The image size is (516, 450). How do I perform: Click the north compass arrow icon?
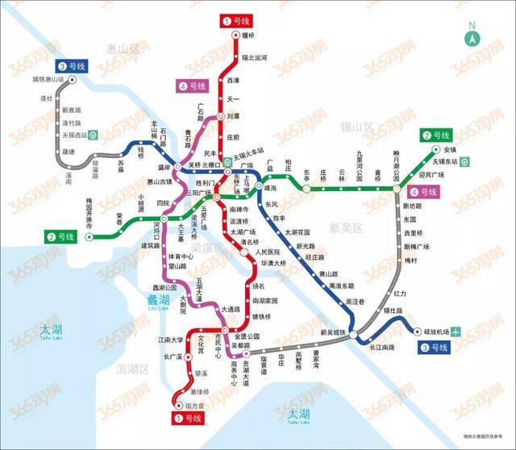(x=472, y=35)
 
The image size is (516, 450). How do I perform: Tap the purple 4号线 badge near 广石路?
(x=192, y=85)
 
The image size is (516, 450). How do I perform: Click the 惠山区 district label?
(x=122, y=49)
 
